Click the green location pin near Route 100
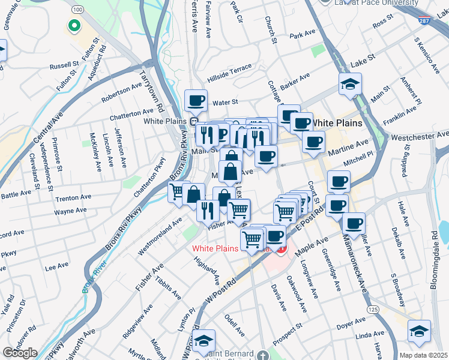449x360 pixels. pyautogui.click(x=74, y=26)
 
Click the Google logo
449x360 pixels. pyautogui.click(x=19, y=353)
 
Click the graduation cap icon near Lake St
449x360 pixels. pyautogui.click(x=349, y=84)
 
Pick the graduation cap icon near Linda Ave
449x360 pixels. pyautogui.click(x=418, y=331)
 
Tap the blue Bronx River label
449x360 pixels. pyautogui.click(x=89, y=277)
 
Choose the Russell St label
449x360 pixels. pyautogui.click(x=64, y=64)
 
